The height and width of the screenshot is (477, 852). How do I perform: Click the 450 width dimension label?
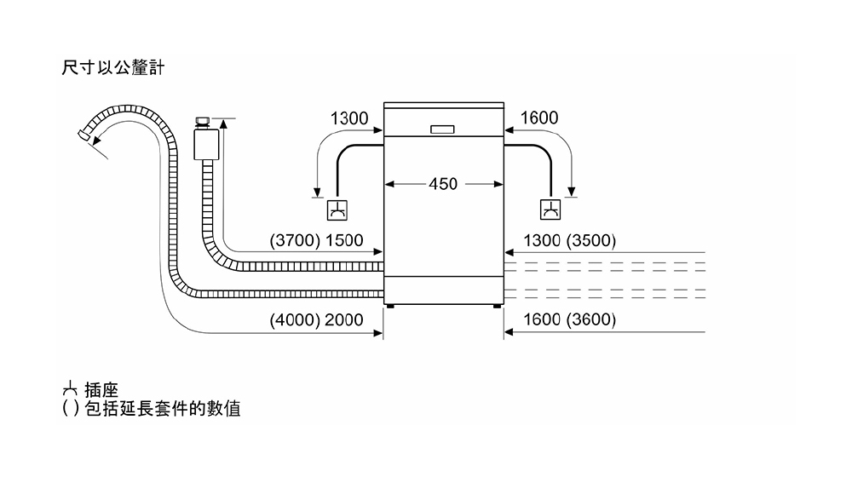click(443, 184)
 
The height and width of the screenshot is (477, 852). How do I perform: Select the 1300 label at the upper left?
click(349, 118)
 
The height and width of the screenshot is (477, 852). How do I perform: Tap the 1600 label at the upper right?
click(539, 118)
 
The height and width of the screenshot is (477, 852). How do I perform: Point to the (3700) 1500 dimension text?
click(316, 240)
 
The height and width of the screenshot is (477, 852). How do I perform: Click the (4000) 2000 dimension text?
click(316, 319)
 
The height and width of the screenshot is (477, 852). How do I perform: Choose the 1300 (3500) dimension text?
click(569, 240)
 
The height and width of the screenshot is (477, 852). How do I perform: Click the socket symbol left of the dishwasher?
click(337, 210)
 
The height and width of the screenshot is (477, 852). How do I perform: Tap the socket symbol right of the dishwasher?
click(550, 210)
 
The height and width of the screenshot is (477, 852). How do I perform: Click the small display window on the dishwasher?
click(442, 129)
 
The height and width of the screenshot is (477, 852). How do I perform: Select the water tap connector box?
click(206, 144)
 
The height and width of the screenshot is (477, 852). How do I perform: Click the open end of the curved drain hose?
click(83, 135)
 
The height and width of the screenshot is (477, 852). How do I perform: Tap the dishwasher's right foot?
click(498, 307)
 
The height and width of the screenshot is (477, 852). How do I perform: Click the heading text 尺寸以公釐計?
click(113, 68)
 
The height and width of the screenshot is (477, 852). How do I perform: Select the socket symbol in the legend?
click(70, 389)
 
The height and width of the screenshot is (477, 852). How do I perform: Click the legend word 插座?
click(101, 390)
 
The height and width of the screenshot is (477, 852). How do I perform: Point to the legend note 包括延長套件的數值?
click(163, 409)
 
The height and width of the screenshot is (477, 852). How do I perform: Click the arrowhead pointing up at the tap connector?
click(223, 124)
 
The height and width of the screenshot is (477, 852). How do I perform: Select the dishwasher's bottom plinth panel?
click(444, 290)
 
